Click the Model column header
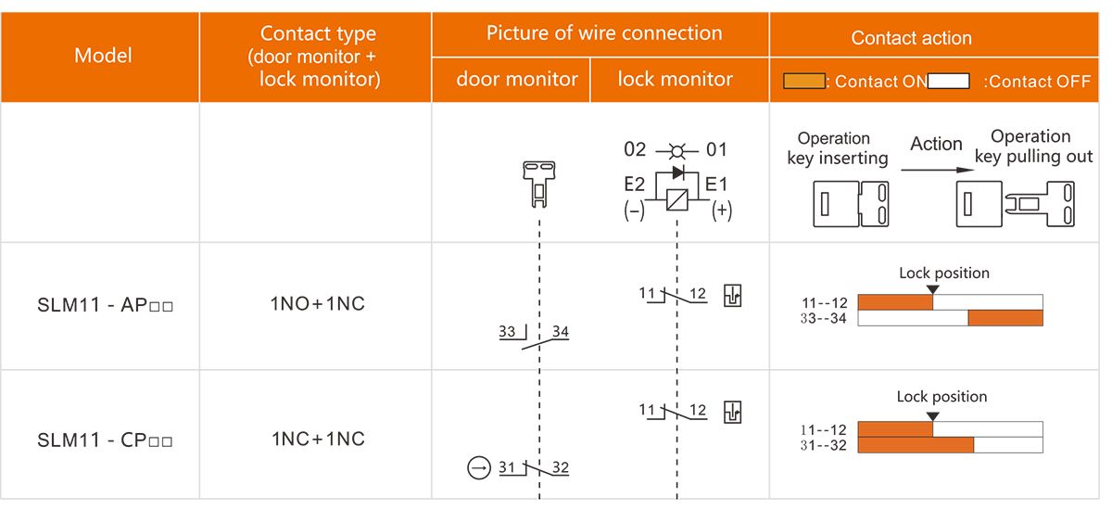[x=103, y=56]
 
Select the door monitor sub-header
[x=516, y=80]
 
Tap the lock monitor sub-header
[x=675, y=80]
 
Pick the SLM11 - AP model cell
[x=105, y=305]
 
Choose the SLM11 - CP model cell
[x=105, y=440]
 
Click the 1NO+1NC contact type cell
[x=318, y=304]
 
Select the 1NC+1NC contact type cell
[x=318, y=439]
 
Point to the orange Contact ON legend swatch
[x=803, y=82]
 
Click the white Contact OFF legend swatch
[x=948, y=82]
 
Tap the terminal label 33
[x=507, y=331]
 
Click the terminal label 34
[x=561, y=331]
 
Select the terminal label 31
[x=507, y=467]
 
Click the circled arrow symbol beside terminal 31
[x=477, y=468]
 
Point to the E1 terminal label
[x=716, y=185]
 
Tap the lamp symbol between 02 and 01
[x=676, y=149]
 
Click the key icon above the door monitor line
[x=538, y=182]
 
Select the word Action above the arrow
[x=936, y=144]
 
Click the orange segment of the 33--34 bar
[x=1005, y=318]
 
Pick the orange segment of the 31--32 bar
[x=916, y=445]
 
